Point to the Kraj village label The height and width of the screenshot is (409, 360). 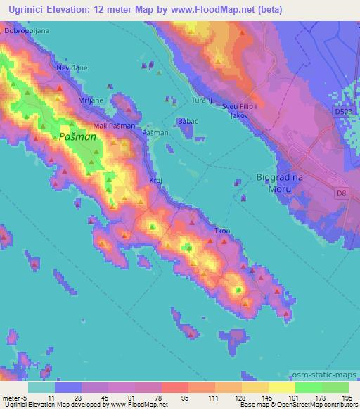(x=155, y=180)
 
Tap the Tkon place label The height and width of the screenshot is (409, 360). (x=222, y=231)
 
